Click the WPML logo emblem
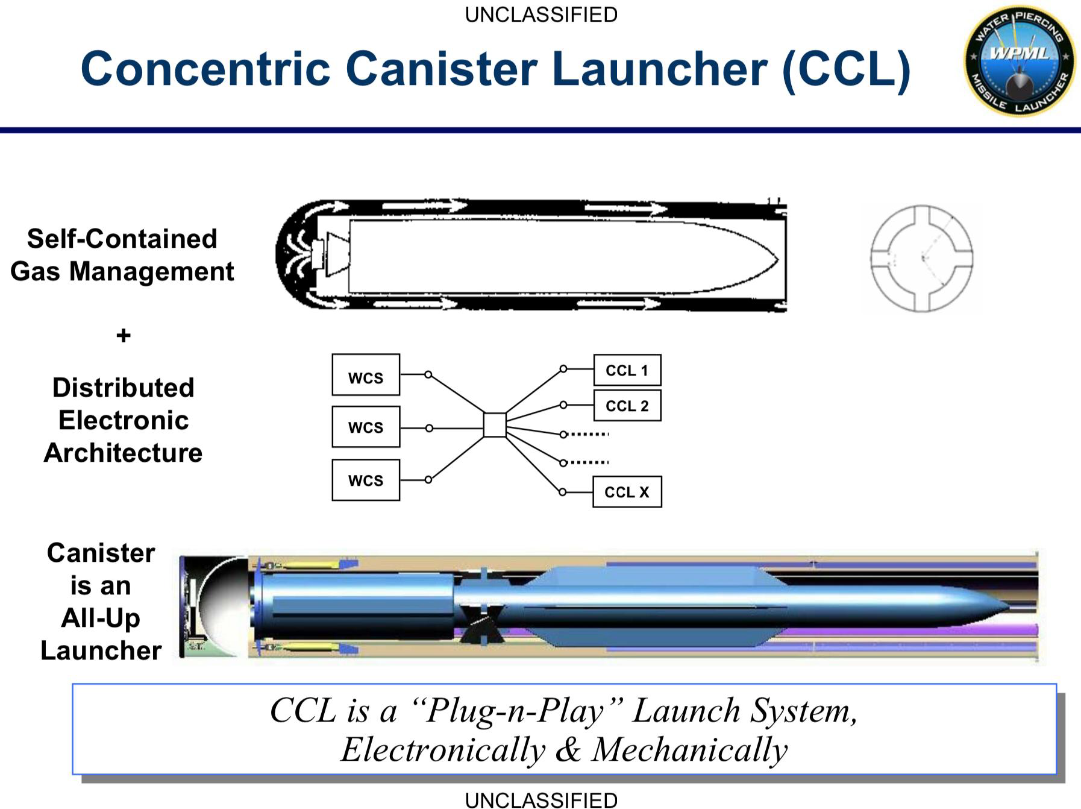coord(1019,61)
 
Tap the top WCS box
coord(366,375)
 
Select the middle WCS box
coord(366,427)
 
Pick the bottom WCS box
coord(366,480)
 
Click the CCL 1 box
coord(627,370)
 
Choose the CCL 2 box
coord(627,405)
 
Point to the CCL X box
coord(627,492)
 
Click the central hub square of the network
coord(495,424)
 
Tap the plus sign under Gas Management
coord(124,335)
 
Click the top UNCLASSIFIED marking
coord(541,14)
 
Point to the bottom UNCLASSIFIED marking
coord(541,800)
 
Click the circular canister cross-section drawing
coord(921,259)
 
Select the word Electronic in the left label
coord(124,420)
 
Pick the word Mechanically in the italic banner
coord(689,749)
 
